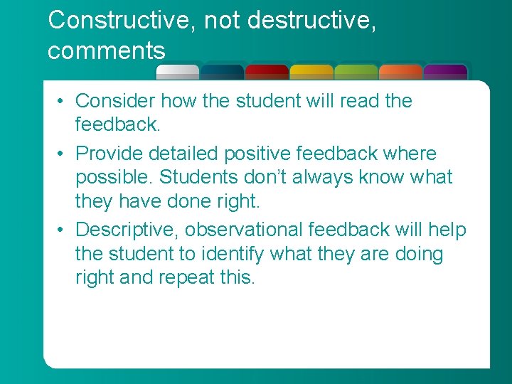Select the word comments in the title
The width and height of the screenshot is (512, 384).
(x=107, y=51)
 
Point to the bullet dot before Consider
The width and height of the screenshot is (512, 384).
(x=63, y=102)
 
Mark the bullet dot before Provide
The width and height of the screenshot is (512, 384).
(x=63, y=154)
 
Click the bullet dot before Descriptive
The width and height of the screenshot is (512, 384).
(x=63, y=230)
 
